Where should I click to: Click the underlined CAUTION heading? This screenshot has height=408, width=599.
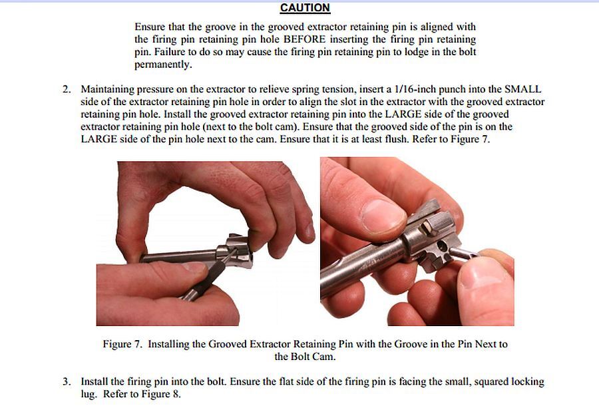305,8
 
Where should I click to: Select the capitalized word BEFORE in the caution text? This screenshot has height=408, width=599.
304,39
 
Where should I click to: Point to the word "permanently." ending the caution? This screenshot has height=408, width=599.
163,65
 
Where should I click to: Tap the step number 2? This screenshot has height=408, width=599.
67,89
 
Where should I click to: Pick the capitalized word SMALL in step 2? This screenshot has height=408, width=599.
522,89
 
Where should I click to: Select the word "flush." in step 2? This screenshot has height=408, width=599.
397,139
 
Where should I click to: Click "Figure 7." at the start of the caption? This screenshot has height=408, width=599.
122,344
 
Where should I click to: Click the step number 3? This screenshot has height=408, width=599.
67,381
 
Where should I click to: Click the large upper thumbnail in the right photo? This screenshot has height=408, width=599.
383,216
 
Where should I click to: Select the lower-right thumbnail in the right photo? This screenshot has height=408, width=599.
479,276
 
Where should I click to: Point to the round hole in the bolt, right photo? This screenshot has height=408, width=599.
441,244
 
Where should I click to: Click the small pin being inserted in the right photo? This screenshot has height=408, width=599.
463,252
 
